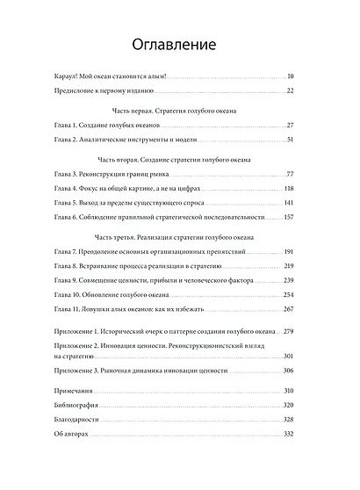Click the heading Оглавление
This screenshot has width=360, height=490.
click(x=179, y=43)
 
